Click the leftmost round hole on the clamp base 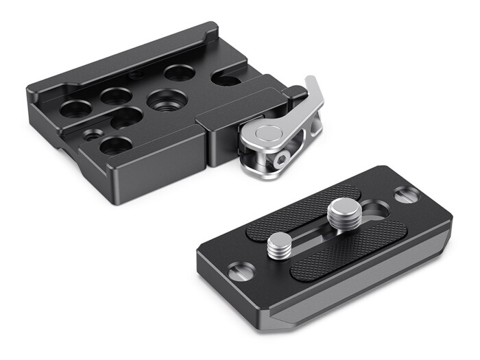(75, 108)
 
